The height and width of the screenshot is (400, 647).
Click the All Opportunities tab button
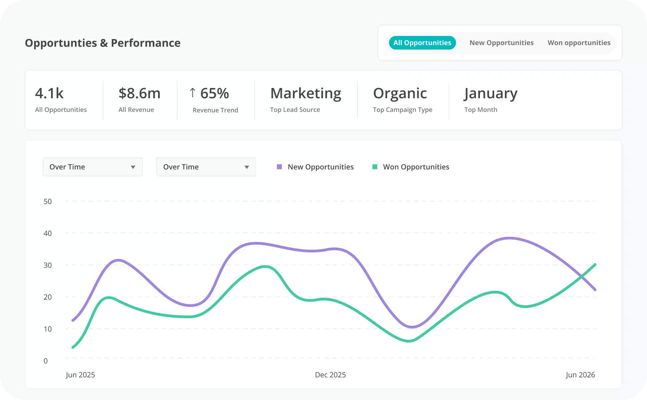point(422,43)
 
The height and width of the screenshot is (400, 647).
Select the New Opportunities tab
point(501,43)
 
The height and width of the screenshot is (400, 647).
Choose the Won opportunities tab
point(579,43)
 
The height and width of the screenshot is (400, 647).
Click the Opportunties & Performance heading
point(103,43)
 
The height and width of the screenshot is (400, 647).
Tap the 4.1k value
point(49,93)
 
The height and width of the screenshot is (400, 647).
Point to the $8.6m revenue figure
point(139,93)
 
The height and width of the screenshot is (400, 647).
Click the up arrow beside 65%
point(192,93)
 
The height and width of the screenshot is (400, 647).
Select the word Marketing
point(306,93)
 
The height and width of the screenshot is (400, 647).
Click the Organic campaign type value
point(400,93)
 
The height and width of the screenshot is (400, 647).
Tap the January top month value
point(491,93)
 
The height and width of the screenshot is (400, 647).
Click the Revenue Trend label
point(215,110)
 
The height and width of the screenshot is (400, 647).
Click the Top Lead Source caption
point(295,110)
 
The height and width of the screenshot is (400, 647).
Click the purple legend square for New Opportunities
point(279,167)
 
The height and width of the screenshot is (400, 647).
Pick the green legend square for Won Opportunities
point(375,167)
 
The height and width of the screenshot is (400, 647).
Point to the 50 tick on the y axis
point(48,201)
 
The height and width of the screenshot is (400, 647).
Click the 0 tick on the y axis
point(46,361)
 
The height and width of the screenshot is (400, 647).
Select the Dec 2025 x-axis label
point(330,375)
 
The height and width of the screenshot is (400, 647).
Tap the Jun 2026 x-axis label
point(580,375)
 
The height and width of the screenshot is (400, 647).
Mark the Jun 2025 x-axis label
point(80,375)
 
